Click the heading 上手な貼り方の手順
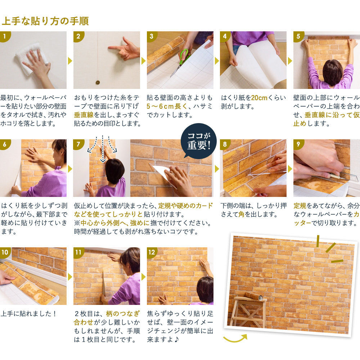click(45, 21)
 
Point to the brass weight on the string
click(97, 82)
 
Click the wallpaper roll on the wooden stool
click(254, 296)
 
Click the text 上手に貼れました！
click(29, 313)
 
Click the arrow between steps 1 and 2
click(70, 60)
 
